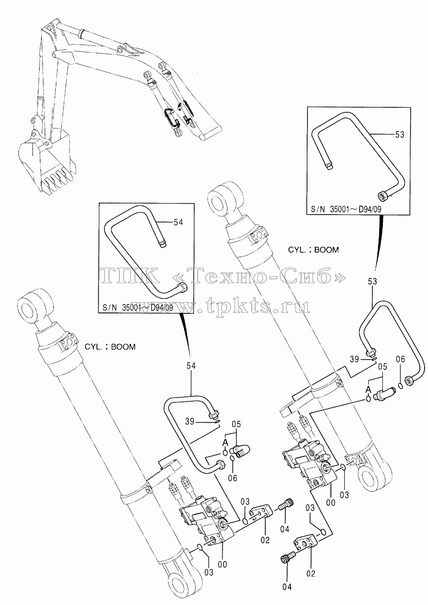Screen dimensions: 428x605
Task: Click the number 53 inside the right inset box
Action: [399, 134]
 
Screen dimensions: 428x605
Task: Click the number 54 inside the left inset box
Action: [178, 222]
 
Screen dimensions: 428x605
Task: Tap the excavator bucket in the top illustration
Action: [46, 162]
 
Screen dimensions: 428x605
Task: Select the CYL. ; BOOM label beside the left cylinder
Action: [110, 347]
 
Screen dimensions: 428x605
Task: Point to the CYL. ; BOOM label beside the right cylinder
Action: [313, 250]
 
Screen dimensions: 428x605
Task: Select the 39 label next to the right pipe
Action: [354, 359]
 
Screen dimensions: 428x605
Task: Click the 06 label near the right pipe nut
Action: [401, 359]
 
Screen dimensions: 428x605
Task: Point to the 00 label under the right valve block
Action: [331, 502]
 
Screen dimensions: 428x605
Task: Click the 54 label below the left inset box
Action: [191, 366]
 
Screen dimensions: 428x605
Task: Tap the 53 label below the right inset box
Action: [372, 281]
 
